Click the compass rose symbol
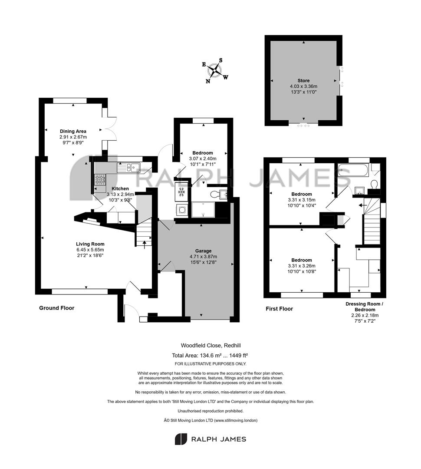(x=215, y=71)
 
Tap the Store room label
(x=303, y=80)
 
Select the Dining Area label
(x=73, y=131)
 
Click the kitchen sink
(x=128, y=168)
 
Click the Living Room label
(x=90, y=244)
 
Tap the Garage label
(x=203, y=251)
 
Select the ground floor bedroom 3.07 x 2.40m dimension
(x=203, y=159)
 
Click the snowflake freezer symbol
(x=181, y=192)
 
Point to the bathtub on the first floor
(x=353, y=170)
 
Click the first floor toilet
(x=374, y=184)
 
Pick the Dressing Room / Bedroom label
(x=365, y=307)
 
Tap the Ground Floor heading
(x=56, y=308)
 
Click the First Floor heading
(x=279, y=309)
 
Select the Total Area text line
(x=210, y=355)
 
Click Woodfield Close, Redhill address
(x=211, y=346)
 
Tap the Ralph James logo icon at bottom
(x=181, y=439)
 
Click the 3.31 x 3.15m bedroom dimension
(x=302, y=200)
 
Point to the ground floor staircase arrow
(x=145, y=244)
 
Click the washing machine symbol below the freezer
(x=181, y=210)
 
